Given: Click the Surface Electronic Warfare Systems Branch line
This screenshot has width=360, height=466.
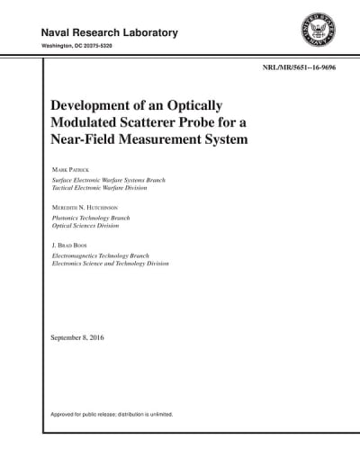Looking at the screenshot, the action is point(114,179).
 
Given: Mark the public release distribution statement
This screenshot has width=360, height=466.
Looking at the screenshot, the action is point(112,415).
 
